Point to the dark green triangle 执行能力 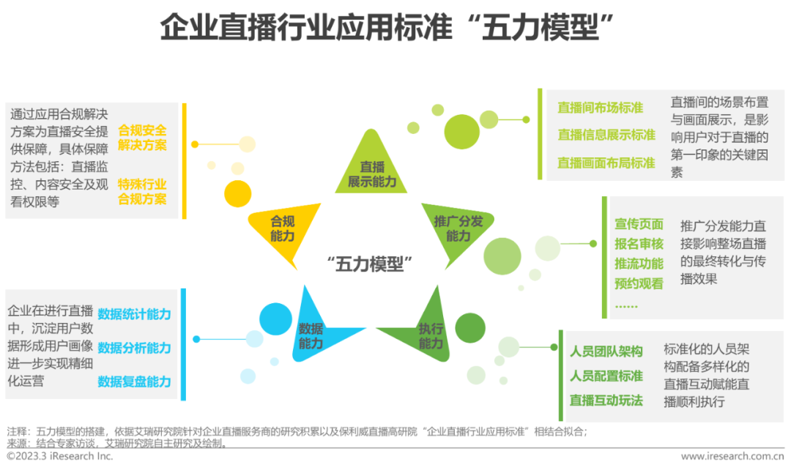429,333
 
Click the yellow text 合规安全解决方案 142,138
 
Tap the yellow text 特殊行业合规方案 142,191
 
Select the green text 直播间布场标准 600,108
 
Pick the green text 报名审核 639,244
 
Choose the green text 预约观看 639,283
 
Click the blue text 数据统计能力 134,314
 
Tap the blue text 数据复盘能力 134,381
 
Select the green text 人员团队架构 606,351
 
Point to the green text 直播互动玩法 606,400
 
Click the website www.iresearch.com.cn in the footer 732,456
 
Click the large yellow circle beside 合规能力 237,193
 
